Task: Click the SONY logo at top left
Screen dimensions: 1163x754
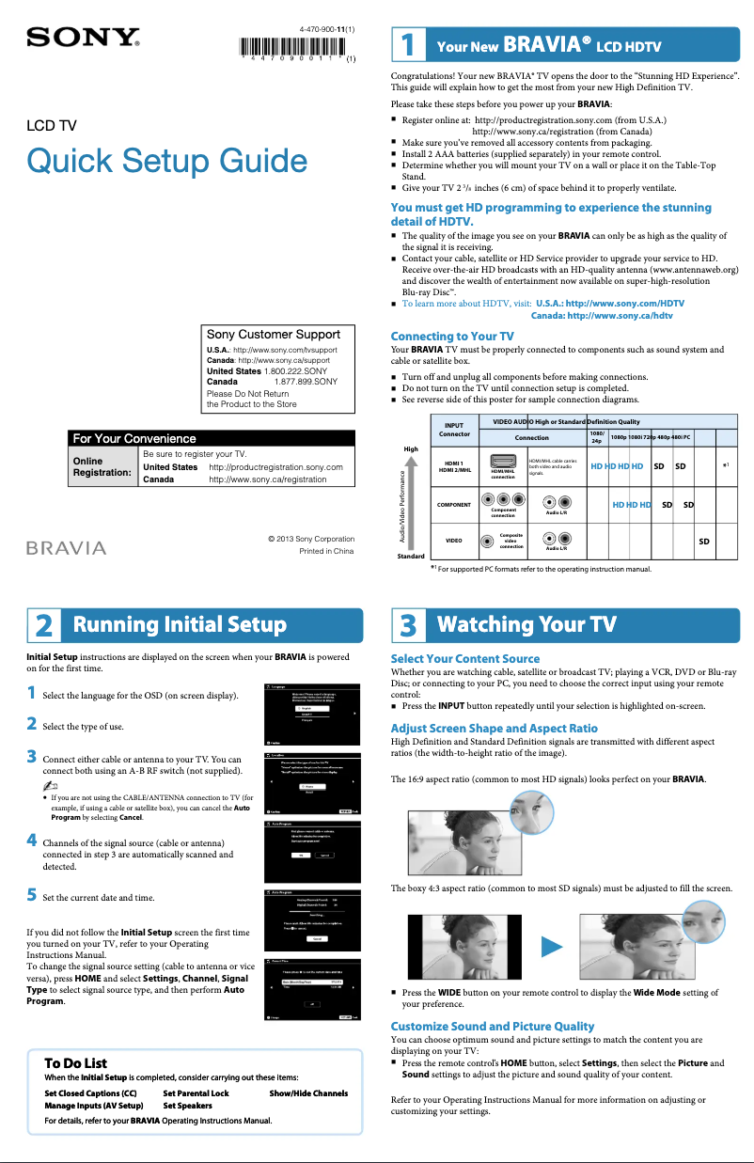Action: [x=84, y=38]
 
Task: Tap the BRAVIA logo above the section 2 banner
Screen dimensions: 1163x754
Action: [x=65, y=547]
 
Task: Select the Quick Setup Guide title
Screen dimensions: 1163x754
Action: [x=167, y=161]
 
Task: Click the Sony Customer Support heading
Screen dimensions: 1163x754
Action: [x=274, y=334]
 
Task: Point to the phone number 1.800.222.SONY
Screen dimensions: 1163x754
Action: [x=295, y=371]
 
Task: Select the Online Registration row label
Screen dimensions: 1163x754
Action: [x=101, y=466]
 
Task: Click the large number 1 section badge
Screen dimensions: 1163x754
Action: [x=406, y=45]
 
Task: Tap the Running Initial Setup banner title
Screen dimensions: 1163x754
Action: [x=180, y=625]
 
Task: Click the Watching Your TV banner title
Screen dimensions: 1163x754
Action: [x=526, y=625]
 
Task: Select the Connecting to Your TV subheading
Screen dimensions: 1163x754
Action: [x=451, y=336]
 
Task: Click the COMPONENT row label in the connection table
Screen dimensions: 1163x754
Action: [x=454, y=505]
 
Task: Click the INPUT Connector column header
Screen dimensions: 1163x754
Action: [x=454, y=429]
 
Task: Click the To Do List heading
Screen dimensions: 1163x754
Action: [x=75, y=1063]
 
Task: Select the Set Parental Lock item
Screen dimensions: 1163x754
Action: [x=196, y=1093]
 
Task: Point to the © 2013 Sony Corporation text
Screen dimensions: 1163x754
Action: [x=310, y=539]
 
